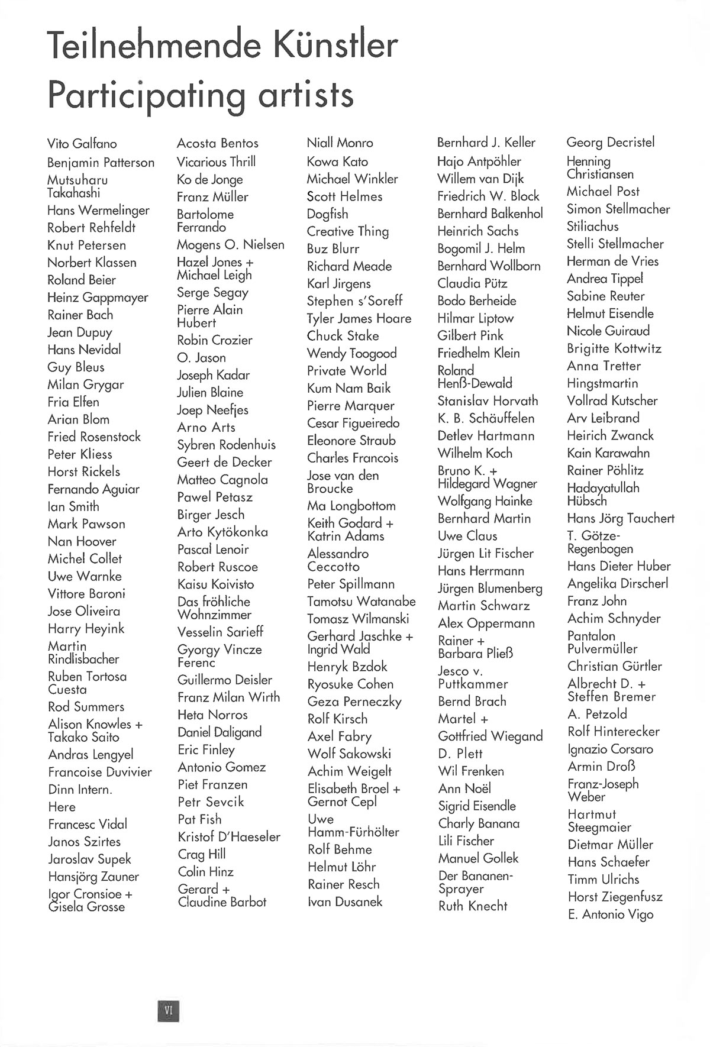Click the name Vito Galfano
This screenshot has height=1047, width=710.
point(82,144)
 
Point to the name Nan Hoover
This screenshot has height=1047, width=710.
point(82,541)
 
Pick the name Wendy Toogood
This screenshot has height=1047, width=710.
point(351,354)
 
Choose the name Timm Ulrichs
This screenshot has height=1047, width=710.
point(603,880)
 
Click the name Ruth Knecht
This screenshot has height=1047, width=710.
point(473,906)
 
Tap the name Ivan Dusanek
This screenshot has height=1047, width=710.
point(345,902)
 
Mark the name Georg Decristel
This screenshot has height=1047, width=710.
point(611,143)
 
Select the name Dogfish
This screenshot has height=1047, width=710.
point(327,214)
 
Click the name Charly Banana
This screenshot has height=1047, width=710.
point(479,823)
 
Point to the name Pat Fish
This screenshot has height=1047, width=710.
point(199,820)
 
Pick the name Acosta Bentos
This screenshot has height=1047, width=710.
point(218,143)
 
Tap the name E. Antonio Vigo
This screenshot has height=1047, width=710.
point(611,914)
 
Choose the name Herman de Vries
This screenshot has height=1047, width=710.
point(612,261)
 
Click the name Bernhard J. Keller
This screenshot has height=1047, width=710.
point(486,143)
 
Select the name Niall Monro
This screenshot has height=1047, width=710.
point(340,143)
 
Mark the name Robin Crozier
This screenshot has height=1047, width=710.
point(215,340)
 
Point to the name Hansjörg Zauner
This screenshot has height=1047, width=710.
point(93,877)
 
